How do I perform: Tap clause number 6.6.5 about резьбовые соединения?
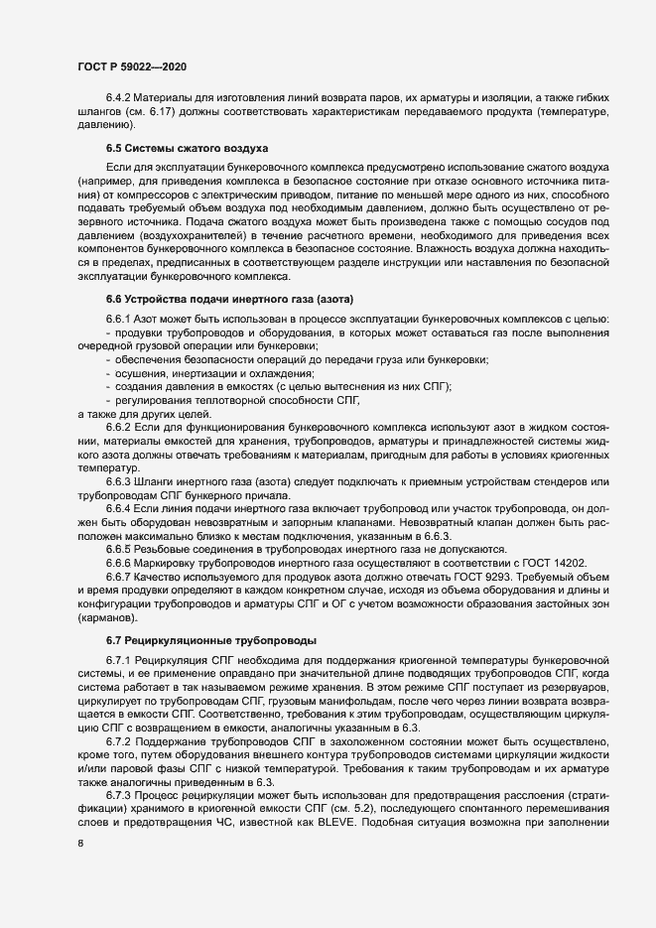pyautogui.click(x=120, y=549)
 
